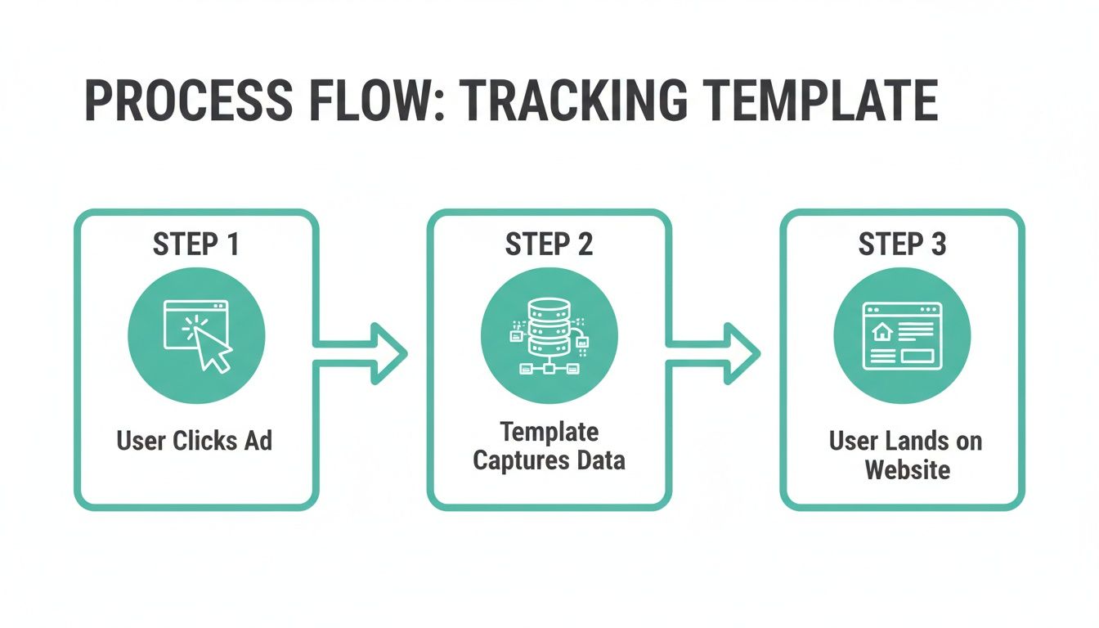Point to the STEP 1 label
point(195,244)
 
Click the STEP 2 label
point(549,244)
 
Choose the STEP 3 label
point(902,244)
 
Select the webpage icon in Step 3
point(902,336)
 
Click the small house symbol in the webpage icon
point(881,331)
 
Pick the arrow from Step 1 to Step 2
point(364,352)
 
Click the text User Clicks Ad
point(195,441)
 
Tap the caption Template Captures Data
point(549,446)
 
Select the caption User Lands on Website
point(905,455)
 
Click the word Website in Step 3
point(908,470)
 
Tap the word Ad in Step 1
point(258,441)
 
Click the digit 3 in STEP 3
point(938,244)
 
